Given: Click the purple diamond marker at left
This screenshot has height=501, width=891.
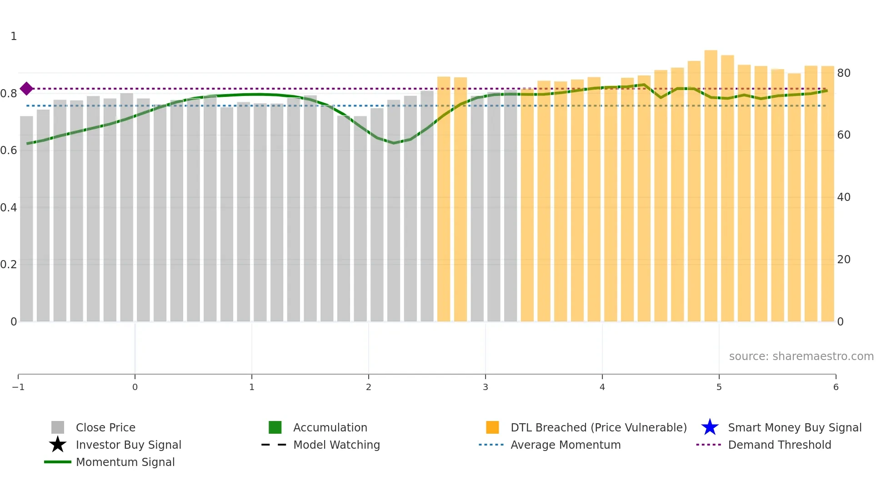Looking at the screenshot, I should coord(26,89).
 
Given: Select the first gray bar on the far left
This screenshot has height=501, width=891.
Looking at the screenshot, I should coord(26,218).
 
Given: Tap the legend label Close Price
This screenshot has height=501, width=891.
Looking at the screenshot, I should coord(105,427).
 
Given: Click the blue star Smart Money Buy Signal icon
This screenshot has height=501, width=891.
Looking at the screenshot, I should coord(710,427).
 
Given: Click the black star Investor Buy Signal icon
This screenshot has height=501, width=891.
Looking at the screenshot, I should coord(58,445).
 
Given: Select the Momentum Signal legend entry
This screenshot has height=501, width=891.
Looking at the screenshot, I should coord(125,462).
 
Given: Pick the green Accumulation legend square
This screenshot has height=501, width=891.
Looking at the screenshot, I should coord(275,427).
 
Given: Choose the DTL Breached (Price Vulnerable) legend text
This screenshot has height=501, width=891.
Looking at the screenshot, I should coord(598,427).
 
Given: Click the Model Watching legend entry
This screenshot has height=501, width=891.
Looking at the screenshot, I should coord(336,445).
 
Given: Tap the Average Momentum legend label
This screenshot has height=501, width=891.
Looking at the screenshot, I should coord(566,445).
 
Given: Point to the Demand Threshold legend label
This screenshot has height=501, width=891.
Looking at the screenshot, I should coord(779,445).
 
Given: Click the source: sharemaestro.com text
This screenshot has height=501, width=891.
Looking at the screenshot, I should coord(801,356).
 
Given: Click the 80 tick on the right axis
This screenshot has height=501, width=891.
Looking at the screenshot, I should coord(844,73).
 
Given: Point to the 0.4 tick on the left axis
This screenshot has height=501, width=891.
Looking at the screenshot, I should coord(9,207).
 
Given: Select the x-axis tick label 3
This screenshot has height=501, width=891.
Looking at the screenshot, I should coord(485,387).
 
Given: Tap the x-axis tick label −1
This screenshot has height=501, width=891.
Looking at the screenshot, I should coord(18,387).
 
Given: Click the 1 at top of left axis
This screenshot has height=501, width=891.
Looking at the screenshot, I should coord(14,36).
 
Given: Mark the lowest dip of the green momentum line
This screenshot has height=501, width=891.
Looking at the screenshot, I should coord(394,143).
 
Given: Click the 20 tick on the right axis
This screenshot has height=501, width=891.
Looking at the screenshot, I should coord(844,259).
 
